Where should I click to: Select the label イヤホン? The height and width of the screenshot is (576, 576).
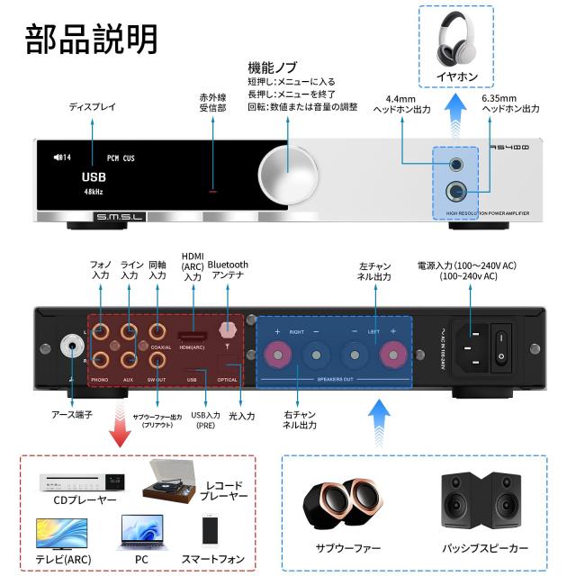456,77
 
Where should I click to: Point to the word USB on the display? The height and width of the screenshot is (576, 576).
94,176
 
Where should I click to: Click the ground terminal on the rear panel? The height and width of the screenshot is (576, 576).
68,345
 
